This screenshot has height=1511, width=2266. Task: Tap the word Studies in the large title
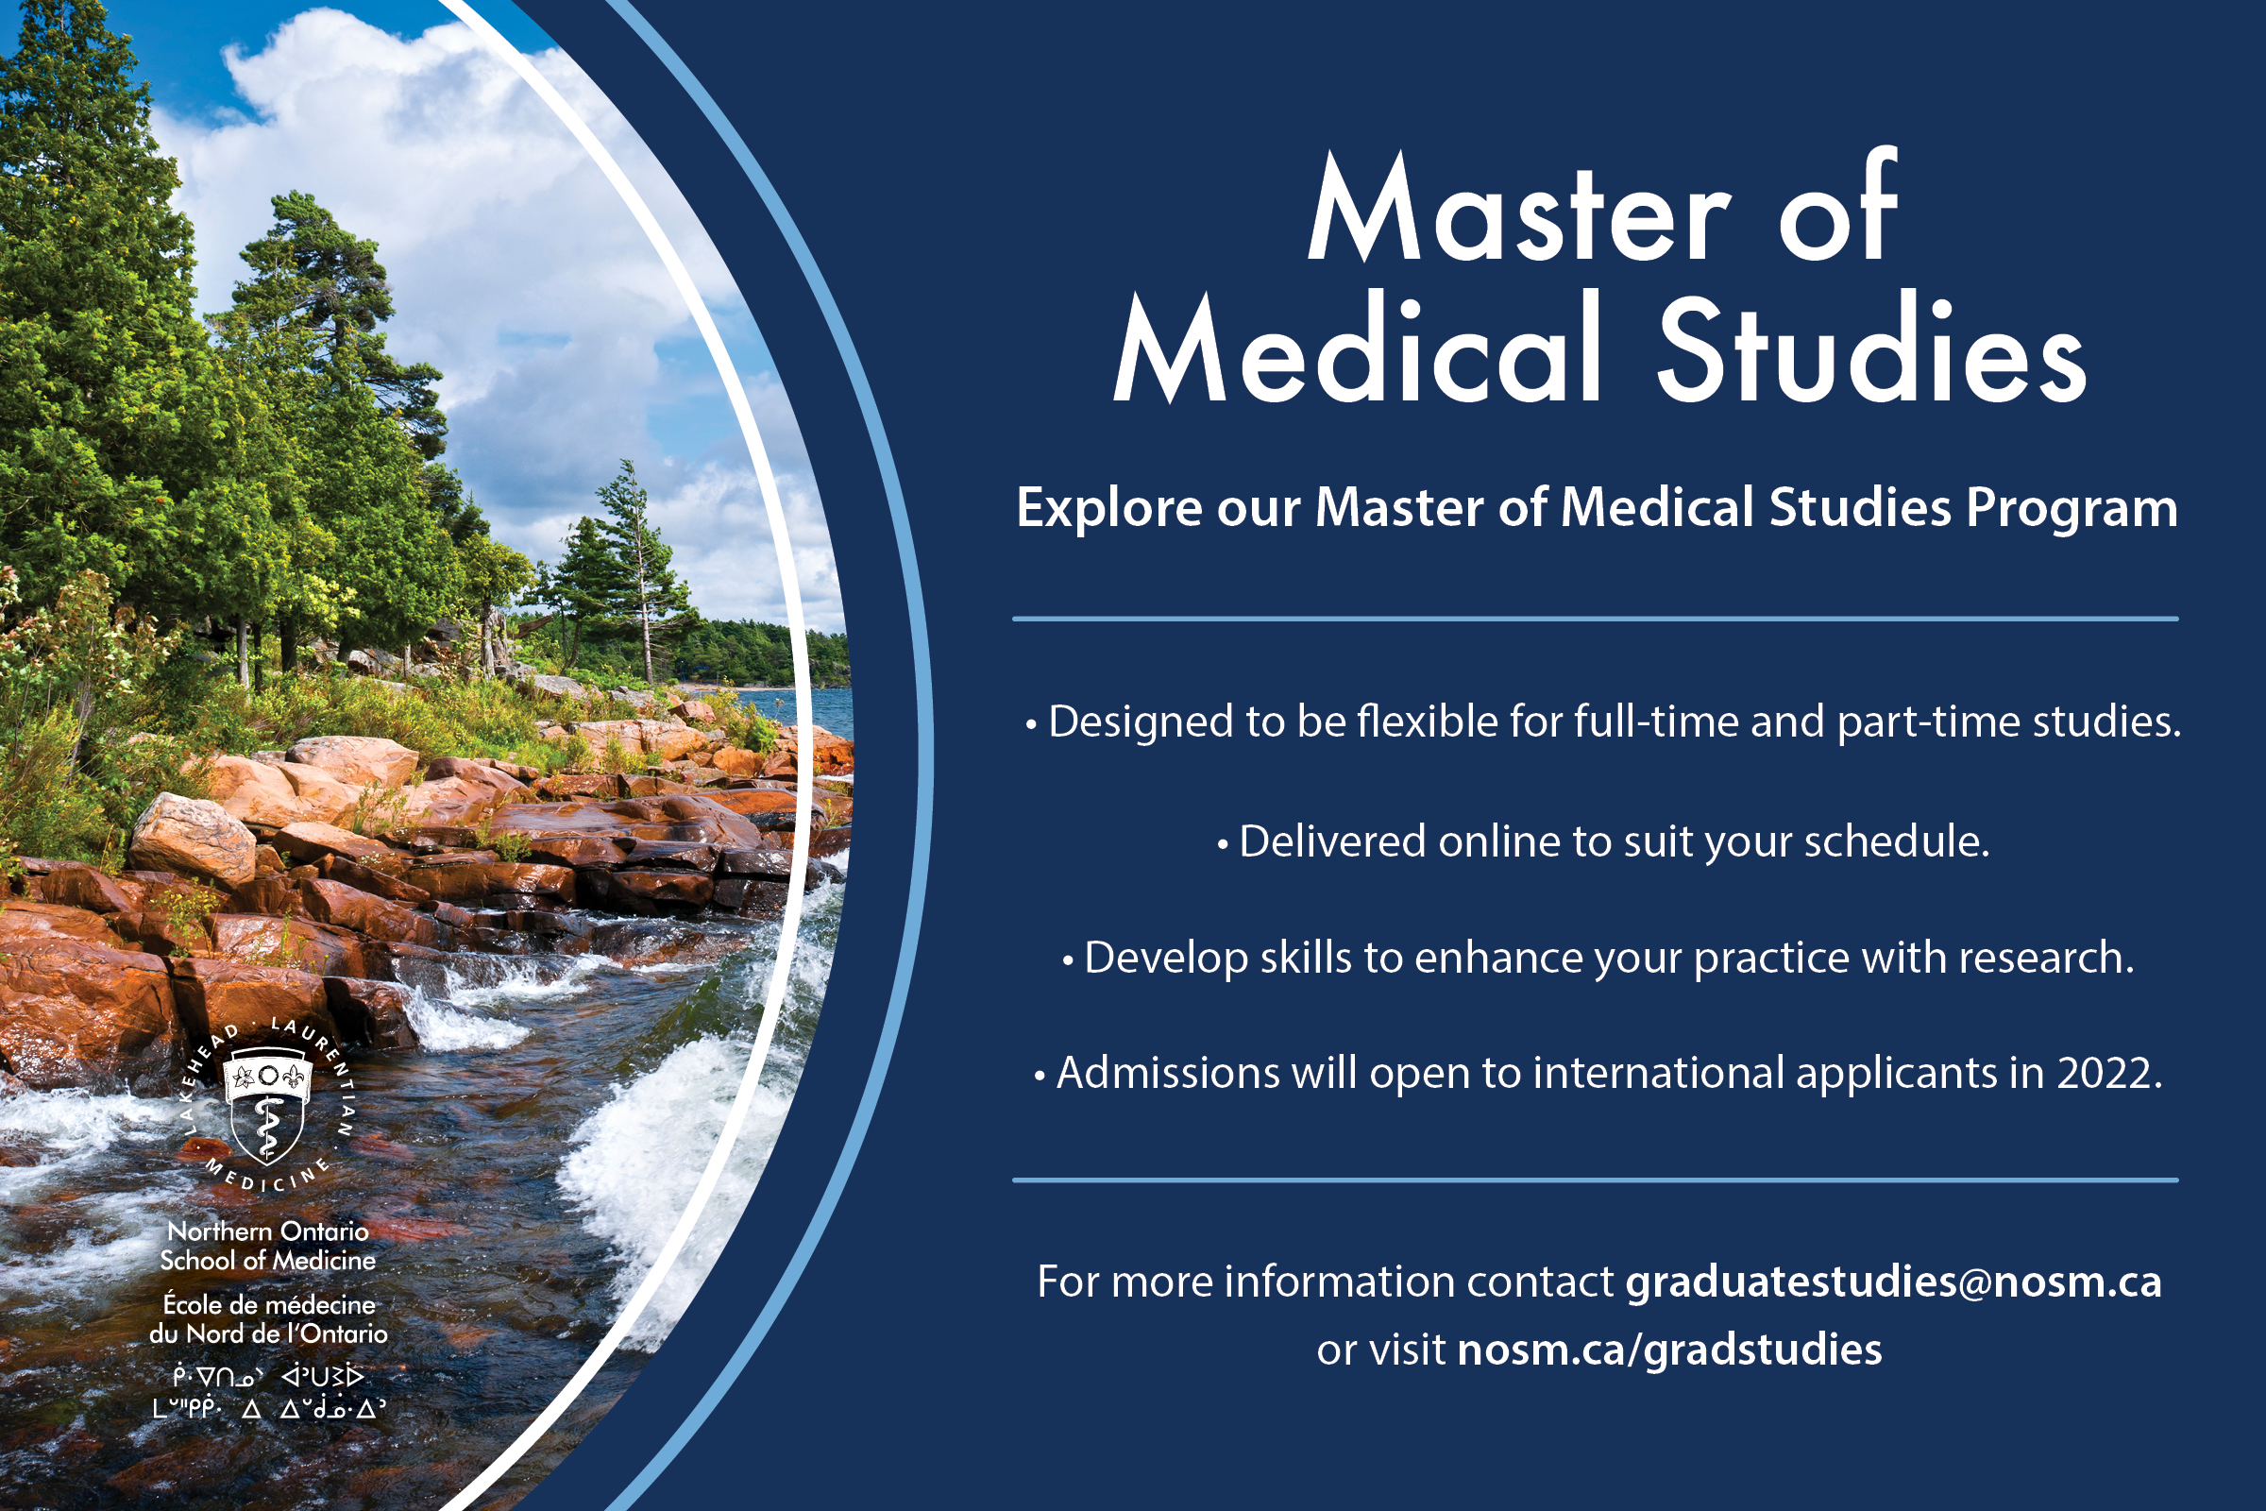click(x=1871, y=346)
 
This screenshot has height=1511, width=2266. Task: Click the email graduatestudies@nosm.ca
click(x=1894, y=1282)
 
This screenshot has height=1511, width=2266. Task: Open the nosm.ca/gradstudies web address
click(x=1669, y=1350)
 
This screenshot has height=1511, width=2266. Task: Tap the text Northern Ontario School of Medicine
click(x=268, y=1246)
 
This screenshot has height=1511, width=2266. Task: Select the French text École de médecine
click(x=269, y=1305)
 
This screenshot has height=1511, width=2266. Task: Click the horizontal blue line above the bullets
click(x=1596, y=619)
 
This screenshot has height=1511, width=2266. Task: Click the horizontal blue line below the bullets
click(x=1596, y=1180)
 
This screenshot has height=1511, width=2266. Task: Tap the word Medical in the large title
click(x=1357, y=346)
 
